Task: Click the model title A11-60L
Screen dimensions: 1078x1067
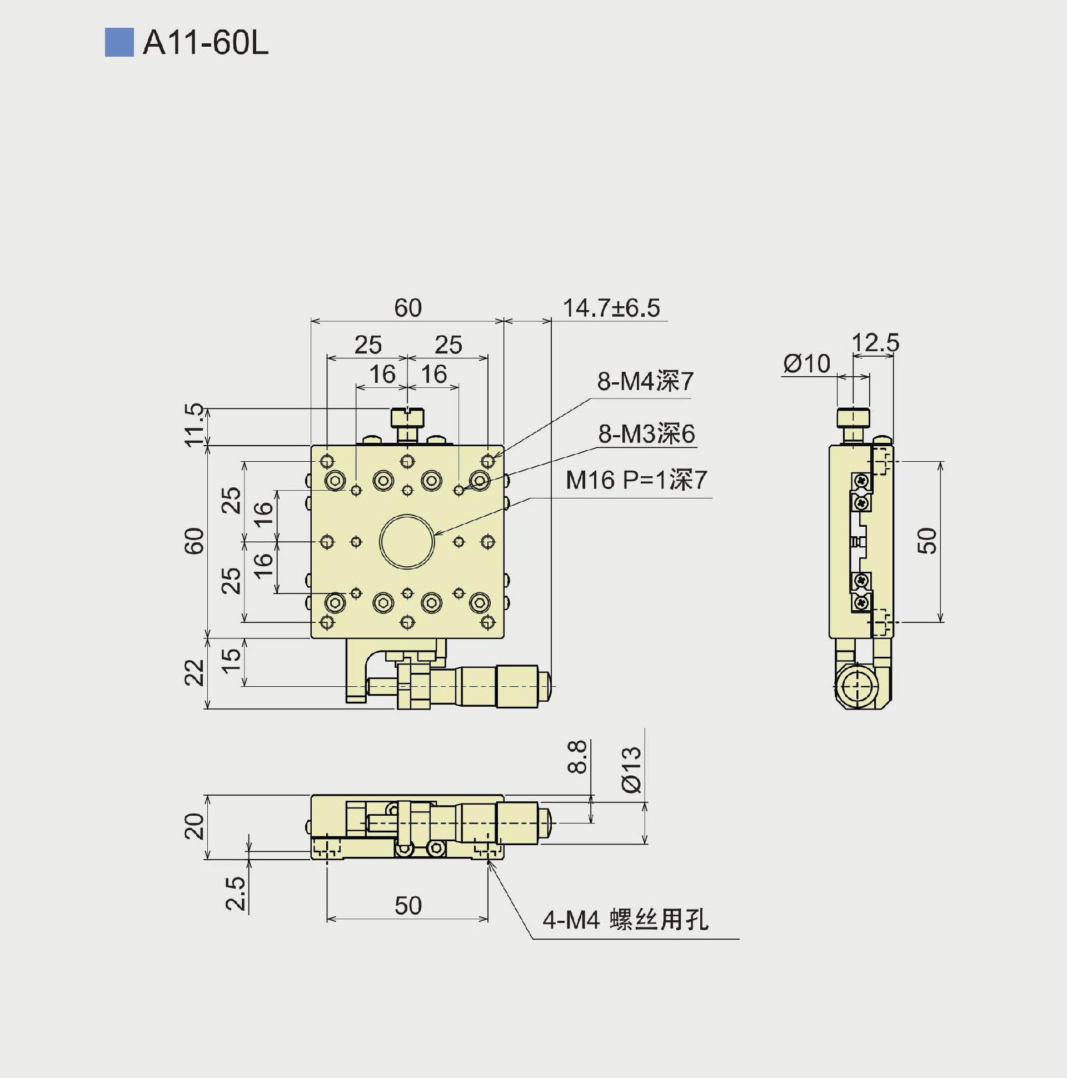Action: [206, 42]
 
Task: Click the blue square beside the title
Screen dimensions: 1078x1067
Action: [119, 42]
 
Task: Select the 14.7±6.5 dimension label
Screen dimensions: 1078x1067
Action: [611, 308]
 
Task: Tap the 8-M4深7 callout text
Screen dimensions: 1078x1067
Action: [645, 382]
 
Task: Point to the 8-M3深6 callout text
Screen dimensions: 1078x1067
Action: [646, 433]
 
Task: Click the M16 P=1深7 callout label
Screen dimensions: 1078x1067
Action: [636, 480]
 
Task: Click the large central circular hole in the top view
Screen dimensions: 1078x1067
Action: [407, 541]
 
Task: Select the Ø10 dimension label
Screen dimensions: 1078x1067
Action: [806, 364]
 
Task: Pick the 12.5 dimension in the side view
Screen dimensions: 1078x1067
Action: [875, 343]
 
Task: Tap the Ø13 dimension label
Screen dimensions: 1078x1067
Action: [631, 770]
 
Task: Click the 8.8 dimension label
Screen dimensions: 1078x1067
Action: [577, 757]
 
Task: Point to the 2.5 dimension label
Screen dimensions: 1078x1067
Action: [235, 894]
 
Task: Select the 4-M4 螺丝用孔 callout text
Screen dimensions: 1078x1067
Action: [625, 920]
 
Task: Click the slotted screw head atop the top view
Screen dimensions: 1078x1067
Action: [407, 417]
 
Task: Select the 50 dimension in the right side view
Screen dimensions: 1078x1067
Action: [927, 541]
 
